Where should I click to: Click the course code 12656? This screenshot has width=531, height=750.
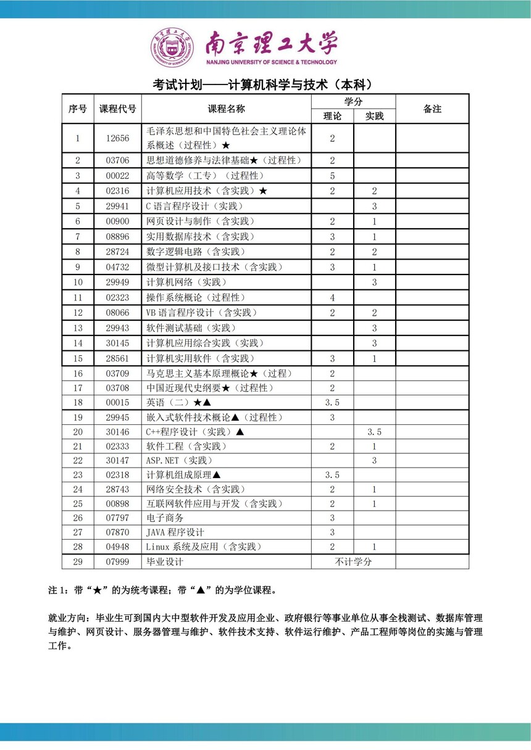point(117,139)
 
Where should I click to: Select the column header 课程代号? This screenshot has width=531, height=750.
point(117,109)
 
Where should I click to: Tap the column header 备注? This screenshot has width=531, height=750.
point(432,109)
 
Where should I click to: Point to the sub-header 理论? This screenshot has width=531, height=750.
point(332,116)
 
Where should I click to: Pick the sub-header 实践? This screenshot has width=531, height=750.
point(374,116)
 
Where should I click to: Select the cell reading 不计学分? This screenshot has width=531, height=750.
point(353,562)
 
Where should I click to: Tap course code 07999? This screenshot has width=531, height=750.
point(117,562)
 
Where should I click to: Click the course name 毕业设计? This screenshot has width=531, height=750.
point(165,562)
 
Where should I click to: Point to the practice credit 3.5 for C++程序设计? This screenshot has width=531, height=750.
point(374,432)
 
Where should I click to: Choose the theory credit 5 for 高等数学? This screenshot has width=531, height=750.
point(332,176)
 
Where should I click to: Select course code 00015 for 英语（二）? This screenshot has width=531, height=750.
point(117,402)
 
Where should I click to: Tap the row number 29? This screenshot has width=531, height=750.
point(78,562)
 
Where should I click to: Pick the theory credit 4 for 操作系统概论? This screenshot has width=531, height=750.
point(332,298)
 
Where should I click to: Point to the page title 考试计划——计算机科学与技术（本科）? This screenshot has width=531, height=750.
point(264,84)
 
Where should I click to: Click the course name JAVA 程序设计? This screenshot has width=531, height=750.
point(175,532)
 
